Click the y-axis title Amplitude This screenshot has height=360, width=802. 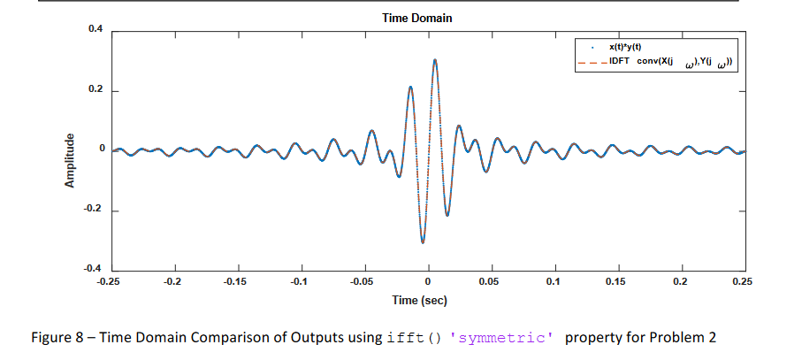tap(68, 162)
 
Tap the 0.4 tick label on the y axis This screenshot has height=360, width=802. tap(95, 30)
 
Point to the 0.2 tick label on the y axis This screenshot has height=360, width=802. tap(95, 90)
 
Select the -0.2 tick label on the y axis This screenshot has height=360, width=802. tap(94, 211)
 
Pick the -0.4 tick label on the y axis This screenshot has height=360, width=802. tap(94, 269)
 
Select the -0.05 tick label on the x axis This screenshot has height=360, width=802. tap(363, 281)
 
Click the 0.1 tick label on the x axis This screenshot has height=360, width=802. tap(554, 281)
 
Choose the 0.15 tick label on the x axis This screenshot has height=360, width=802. tap(617, 281)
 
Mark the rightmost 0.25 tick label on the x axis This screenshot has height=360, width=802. tap(743, 281)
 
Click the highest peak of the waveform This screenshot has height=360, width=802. tap(435, 60)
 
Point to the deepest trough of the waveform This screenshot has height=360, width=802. tap(423, 242)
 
